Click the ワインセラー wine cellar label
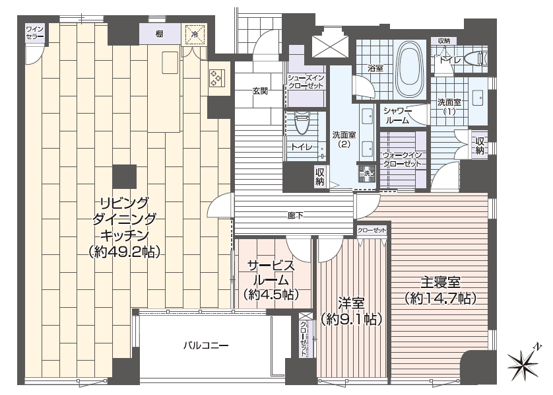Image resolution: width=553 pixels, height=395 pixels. (34, 32)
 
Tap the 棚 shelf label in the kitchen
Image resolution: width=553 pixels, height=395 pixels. (159, 34)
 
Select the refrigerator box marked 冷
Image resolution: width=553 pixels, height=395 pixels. (194, 34)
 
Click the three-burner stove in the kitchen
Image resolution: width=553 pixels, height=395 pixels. (216, 79)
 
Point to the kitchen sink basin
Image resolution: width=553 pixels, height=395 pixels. (170, 63)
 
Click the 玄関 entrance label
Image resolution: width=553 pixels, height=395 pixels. (260, 90)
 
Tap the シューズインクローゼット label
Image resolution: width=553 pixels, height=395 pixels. (306, 81)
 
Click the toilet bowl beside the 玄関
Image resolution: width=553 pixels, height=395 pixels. (300, 122)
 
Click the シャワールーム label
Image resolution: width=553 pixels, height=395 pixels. (397, 116)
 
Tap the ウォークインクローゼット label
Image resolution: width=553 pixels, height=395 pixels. (403, 160)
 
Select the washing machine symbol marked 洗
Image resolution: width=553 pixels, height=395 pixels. (367, 174)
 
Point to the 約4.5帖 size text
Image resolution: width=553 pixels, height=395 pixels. (271, 294)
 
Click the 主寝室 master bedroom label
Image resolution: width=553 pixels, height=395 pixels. (441, 283)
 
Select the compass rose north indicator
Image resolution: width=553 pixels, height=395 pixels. (524, 362)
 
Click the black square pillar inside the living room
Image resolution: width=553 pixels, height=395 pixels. (125, 176)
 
